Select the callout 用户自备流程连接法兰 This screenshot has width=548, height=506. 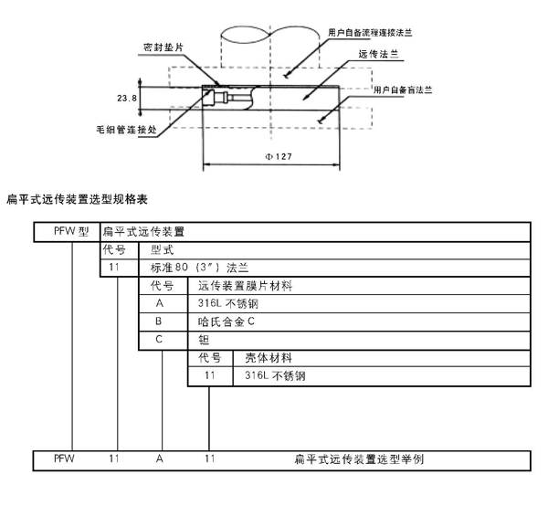[369, 31]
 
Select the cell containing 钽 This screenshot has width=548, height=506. [204, 339]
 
